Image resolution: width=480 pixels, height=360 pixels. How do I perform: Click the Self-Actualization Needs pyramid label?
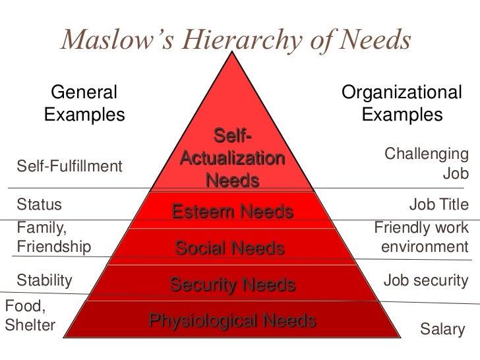(x=231, y=159)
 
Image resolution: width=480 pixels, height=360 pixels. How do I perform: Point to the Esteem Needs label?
(x=231, y=212)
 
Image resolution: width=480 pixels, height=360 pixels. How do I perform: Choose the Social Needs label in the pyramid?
(x=229, y=249)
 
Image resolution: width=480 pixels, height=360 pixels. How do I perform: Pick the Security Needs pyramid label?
(x=231, y=285)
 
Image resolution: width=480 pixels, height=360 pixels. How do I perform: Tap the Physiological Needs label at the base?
(x=232, y=321)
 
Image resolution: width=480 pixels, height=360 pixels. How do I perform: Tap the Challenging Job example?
(x=426, y=164)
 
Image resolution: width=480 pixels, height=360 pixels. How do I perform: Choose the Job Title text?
(x=438, y=205)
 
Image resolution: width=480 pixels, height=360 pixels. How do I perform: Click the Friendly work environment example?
(x=422, y=238)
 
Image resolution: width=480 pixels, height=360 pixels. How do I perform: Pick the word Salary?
(x=442, y=328)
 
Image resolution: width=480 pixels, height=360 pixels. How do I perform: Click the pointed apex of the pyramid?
(x=232, y=54)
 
